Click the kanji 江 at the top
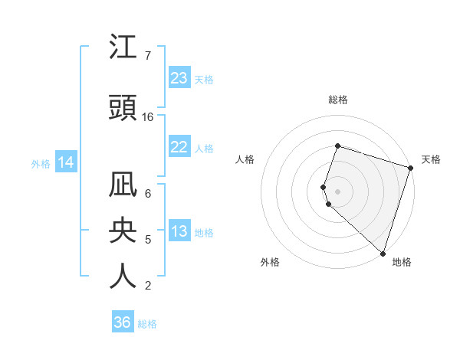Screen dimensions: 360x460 click(x=123, y=49)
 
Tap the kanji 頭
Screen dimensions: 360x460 click(x=123, y=107)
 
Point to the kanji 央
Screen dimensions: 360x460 click(x=123, y=232)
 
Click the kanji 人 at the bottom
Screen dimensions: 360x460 click(x=123, y=277)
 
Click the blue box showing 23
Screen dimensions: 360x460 click(x=179, y=78)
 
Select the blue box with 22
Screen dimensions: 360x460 click(x=179, y=148)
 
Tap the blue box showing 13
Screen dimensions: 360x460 click(x=179, y=232)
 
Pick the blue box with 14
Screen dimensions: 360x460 click(x=66, y=162)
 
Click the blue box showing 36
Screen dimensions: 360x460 click(x=123, y=322)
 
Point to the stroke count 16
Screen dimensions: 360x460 click(x=148, y=117)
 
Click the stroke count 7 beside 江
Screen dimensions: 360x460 click(x=148, y=56)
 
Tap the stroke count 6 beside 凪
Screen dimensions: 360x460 click(x=148, y=194)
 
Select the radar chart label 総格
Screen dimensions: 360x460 click(x=337, y=100)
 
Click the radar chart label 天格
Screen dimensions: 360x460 click(x=431, y=159)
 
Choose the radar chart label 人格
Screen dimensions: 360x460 click(x=245, y=159)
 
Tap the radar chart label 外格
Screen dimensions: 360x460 click(x=270, y=262)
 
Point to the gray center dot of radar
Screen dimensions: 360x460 click(x=337, y=191)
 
